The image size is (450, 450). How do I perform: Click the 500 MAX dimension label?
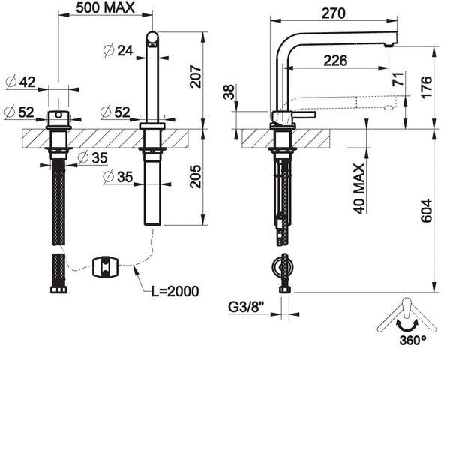[106, 8]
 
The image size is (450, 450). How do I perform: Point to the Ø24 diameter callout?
[118, 50]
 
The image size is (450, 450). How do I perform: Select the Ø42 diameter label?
[19, 82]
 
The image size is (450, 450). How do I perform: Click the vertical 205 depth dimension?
[195, 177]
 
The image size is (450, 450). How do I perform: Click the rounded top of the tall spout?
[152, 37]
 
